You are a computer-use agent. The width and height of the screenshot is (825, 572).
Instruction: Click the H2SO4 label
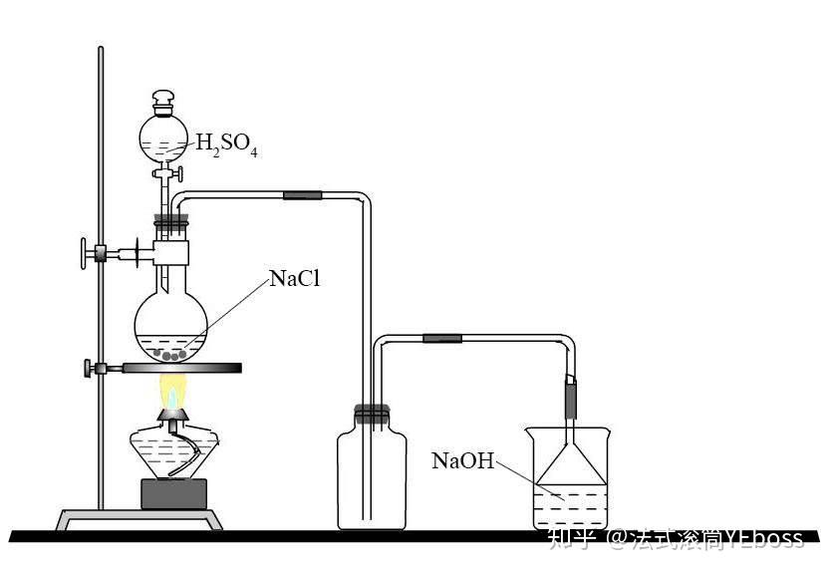click(x=226, y=146)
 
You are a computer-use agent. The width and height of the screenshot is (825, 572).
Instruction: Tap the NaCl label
click(x=295, y=279)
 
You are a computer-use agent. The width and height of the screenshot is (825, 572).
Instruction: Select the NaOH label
click(x=462, y=460)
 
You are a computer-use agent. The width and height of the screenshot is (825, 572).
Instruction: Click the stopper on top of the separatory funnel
click(x=163, y=101)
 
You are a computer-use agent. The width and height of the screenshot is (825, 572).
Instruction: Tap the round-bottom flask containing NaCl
click(x=172, y=324)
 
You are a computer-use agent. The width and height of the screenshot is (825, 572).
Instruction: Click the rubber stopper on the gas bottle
click(x=370, y=412)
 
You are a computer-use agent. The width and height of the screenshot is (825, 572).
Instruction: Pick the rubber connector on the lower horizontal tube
click(x=442, y=339)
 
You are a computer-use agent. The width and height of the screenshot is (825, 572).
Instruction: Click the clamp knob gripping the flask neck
click(x=84, y=252)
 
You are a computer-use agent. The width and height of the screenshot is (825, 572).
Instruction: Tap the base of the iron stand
click(x=139, y=519)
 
